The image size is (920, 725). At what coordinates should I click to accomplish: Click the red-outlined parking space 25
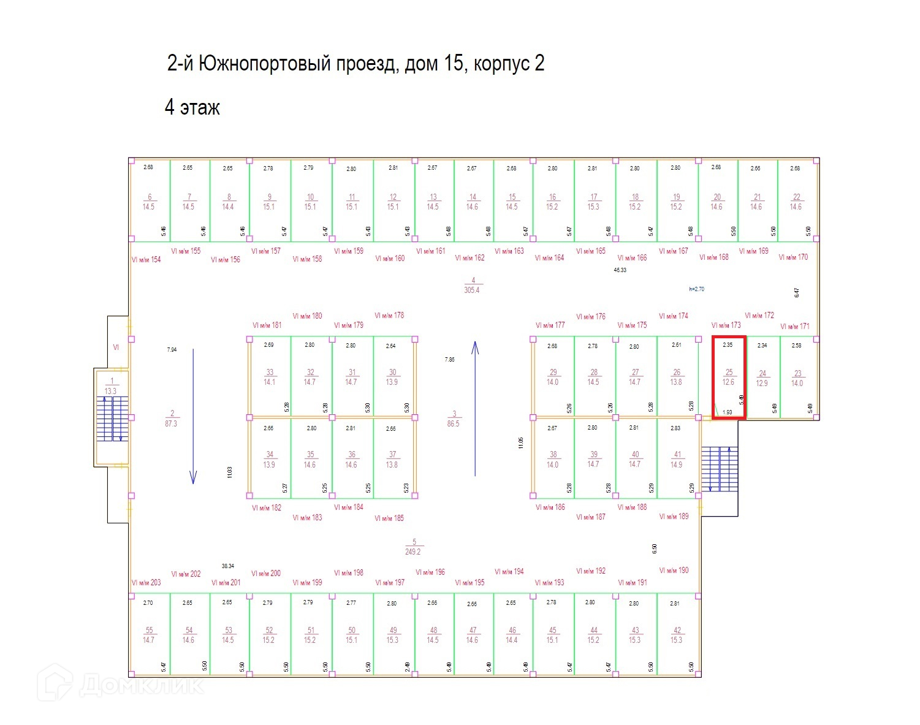pyautogui.click(x=728, y=378)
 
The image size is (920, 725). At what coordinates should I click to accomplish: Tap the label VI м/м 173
pyautogui.click(x=726, y=325)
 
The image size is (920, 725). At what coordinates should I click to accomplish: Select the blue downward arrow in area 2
pyautogui.click(x=193, y=416)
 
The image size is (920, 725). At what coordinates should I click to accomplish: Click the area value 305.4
pyautogui.click(x=472, y=290)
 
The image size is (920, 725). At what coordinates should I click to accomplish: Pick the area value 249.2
pyautogui.click(x=413, y=552)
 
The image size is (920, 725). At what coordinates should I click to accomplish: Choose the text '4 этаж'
pyautogui.click(x=192, y=108)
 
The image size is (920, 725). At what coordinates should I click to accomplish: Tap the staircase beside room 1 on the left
pyautogui.click(x=112, y=419)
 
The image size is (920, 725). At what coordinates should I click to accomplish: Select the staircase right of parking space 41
pyautogui.click(x=719, y=469)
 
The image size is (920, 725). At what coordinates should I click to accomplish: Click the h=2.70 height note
pyautogui.click(x=696, y=289)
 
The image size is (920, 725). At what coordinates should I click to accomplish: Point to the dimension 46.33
pyautogui.click(x=620, y=270)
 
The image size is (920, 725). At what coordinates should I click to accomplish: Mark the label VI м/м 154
pyautogui.click(x=146, y=260)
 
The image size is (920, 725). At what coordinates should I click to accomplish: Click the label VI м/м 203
pyautogui.click(x=146, y=582)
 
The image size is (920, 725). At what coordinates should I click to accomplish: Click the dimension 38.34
pyautogui.click(x=228, y=566)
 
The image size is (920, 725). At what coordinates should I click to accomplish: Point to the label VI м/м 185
pyautogui.click(x=389, y=518)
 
